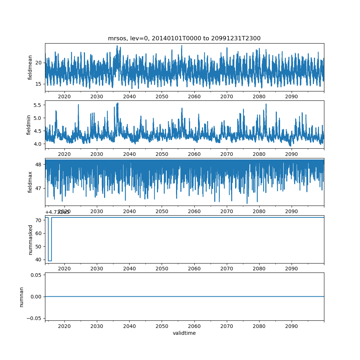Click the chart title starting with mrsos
point(184,38)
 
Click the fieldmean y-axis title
point(30,67)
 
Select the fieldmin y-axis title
point(29,125)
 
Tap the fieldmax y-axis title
point(30,182)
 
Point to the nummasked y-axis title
point(30,239)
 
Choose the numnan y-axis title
point(21,297)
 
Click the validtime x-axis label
point(184,333)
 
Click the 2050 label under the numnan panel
point(162,326)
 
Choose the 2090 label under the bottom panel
point(292,326)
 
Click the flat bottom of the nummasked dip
point(50,261)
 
